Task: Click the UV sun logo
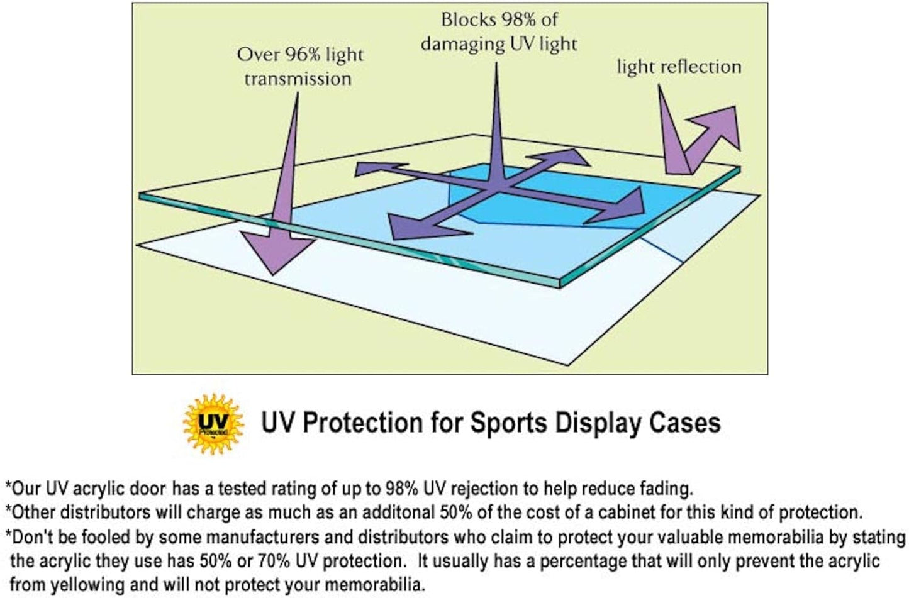click(x=213, y=423)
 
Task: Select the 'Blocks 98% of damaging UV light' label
click(x=499, y=31)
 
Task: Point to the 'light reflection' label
click(x=679, y=67)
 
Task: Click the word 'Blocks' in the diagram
click(x=468, y=19)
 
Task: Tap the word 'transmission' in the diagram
click(x=298, y=79)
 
